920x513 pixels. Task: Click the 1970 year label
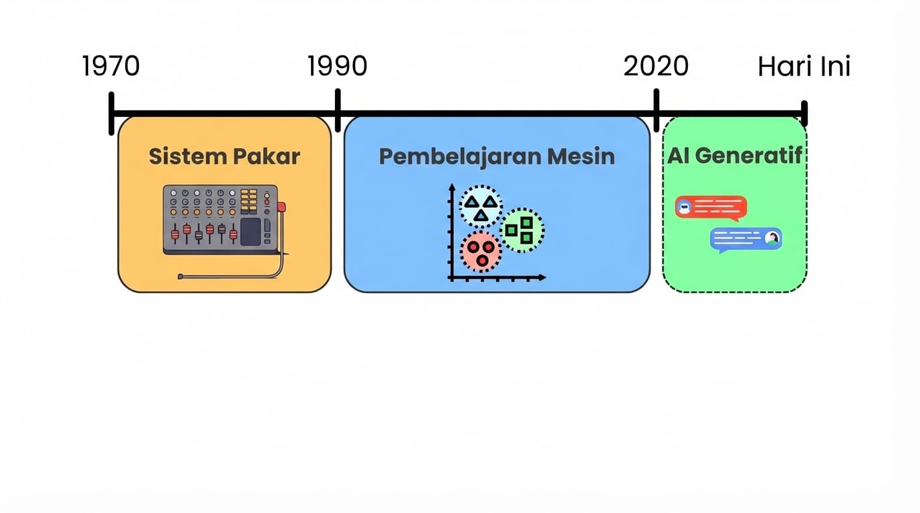(x=111, y=66)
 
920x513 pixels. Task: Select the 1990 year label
(x=337, y=66)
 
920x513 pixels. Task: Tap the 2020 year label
(x=656, y=66)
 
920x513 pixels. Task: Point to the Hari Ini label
(x=804, y=67)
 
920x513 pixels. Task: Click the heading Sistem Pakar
(x=224, y=156)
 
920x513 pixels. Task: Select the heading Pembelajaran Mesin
(x=497, y=156)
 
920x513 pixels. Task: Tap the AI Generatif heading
(x=735, y=156)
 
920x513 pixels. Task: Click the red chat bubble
(x=711, y=208)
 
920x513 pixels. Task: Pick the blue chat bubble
(x=745, y=239)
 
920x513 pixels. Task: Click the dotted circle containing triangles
(x=481, y=207)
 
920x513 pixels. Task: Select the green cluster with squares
(x=522, y=230)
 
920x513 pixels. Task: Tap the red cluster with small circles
(x=480, y=251)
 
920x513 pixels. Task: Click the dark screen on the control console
(x=250, y=232)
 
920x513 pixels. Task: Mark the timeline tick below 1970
(x=112, y=114)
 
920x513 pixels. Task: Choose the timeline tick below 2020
(x=657, y=111)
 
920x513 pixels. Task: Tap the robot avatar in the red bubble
(x=684, y=207)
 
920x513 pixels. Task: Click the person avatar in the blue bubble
(x=772, y=238)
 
